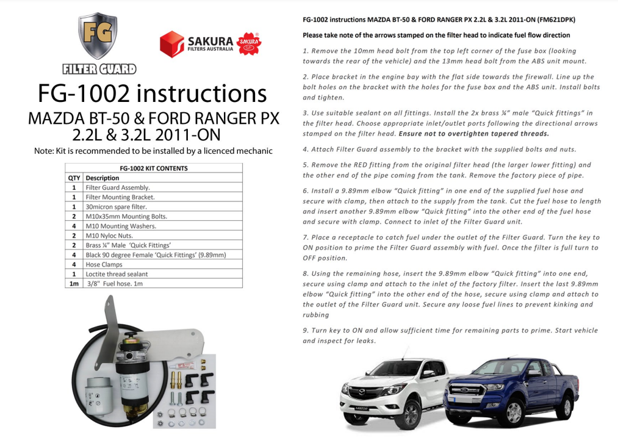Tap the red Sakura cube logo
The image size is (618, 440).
[171, 44]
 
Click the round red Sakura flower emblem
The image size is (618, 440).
[249, 43]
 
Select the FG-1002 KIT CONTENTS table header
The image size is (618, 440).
[153, 168]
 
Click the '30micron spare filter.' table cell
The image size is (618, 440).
[116, 207]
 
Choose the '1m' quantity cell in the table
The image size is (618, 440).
[73, 284]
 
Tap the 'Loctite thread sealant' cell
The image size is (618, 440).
[117, 274]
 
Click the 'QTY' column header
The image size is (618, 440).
[73, 178]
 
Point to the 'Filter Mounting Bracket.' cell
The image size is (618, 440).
[120, 197]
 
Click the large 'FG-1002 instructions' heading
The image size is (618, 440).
[153, 93]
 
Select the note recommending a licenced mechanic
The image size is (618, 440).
[153, 151]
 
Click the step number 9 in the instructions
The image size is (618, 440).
[305, 330]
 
